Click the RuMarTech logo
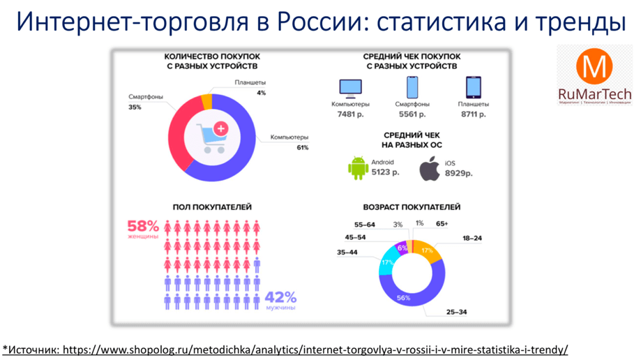click(594, 75)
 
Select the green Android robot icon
click(358, 168)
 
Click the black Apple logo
click(430, 169)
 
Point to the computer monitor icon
click(350, 87)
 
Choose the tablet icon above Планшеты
click(474, 87)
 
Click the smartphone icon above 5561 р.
click(412, 87)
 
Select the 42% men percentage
click(280, 297)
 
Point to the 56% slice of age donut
click(404, 298)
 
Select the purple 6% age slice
click(402, 248)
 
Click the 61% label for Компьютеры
click(302, 148)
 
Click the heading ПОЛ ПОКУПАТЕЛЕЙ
click(212, 207)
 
